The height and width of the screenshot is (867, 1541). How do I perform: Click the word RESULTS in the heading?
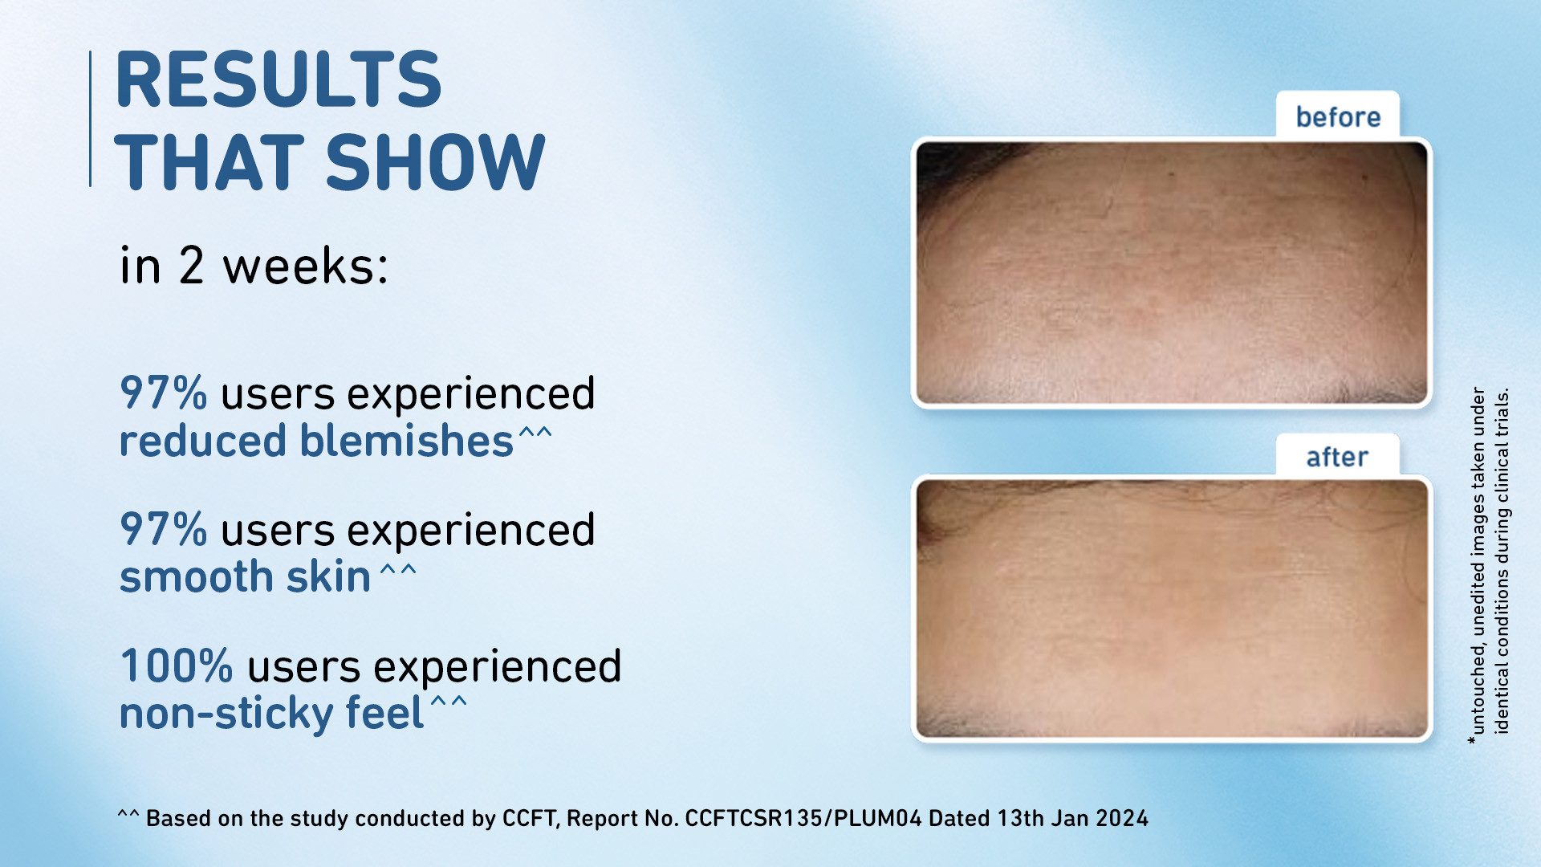coord(279,79)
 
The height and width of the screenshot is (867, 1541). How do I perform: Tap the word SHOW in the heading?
coord(436,162)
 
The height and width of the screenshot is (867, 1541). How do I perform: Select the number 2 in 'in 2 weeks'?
coord(191,266)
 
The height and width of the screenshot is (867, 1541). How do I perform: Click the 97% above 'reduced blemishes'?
coord(163,393)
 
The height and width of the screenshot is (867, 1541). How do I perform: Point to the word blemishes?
coord(406,441)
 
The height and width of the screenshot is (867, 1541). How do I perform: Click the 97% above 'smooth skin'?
coord(163,529)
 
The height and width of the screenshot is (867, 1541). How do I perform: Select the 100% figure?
coord(177,666)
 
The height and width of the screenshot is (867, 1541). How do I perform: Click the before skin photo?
coord(1172,273)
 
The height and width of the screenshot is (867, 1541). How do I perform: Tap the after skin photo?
coord(1172,609)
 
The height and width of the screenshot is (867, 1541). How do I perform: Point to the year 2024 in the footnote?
coord(1122,818)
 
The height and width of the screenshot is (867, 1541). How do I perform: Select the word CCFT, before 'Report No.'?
coord(531,818)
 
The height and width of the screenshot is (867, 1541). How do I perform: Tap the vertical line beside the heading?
coord(90,119)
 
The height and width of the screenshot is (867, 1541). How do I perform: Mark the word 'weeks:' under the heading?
coord(306,267)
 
